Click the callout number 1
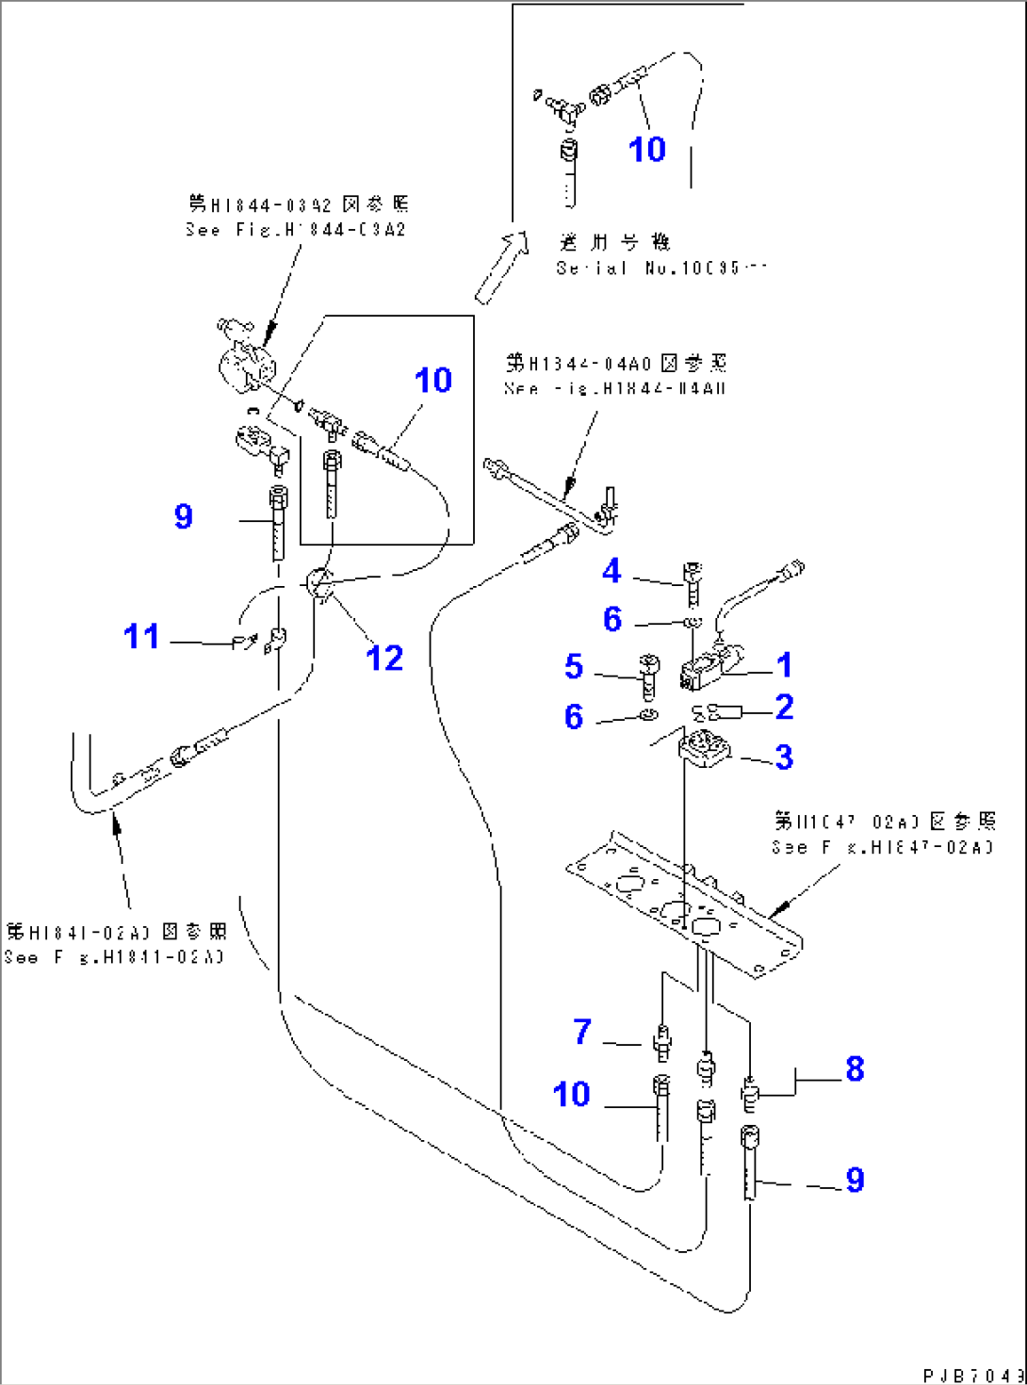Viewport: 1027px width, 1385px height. pyautogui.click(x=784, y=665)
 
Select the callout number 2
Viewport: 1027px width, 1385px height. pyautogui.click(x=784, y=707)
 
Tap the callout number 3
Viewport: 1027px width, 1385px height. pyautogui.click(x=784, y=757)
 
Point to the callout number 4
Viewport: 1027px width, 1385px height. pyautogui.click(x=611, y=570)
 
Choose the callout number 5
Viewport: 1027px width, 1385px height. pyautogui.click(x=574, y=667)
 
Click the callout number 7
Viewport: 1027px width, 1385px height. pyautogui.click(x=582, y=1032)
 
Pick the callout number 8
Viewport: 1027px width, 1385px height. pyautogui.click(x=855, y=1068)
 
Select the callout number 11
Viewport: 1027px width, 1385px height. pyautogui.click(x=141, y=636)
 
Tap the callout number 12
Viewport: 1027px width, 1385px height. pyautogui.click(x=384, y=658)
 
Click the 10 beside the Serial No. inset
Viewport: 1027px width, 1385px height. pyautogui.click(x=646, y=149)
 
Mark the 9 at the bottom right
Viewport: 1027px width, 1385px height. pyautogui.click(x=855, y=1180)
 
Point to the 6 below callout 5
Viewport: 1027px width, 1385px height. pyautogui.click(x=574, y=717)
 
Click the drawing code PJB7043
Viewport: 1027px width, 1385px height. pyautogui.click(x=972, y=1375)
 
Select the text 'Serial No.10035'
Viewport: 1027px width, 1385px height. pyautogui.click(x=660, y=269)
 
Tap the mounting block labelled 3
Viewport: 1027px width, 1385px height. pyautogui.click(x=704, y=751)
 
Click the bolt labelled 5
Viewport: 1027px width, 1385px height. pyautogui.click(x=648, y=673)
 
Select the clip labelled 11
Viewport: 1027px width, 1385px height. pyautogui.click(x=245, y=642)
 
